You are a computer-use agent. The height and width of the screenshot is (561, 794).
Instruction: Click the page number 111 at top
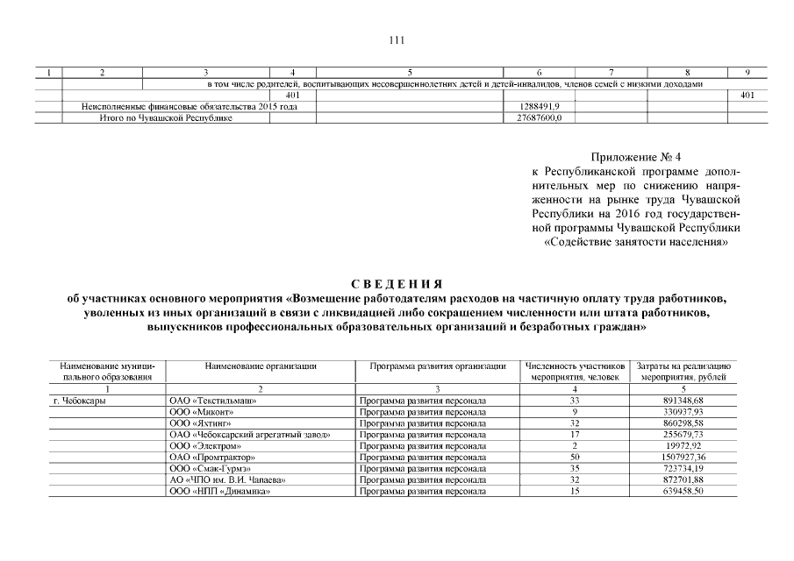[397, 39]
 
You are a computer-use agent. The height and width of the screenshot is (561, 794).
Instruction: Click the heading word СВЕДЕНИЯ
[397, 284]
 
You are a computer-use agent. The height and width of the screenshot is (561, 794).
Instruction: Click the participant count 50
[575, 457]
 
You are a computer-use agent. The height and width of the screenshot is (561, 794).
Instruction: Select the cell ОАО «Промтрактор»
[211, 457]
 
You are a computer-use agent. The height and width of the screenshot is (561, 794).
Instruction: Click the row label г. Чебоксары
[76, 401]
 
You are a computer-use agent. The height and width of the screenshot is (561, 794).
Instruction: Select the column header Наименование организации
[260, 365]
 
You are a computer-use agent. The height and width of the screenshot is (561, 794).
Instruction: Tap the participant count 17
[575, 434]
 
